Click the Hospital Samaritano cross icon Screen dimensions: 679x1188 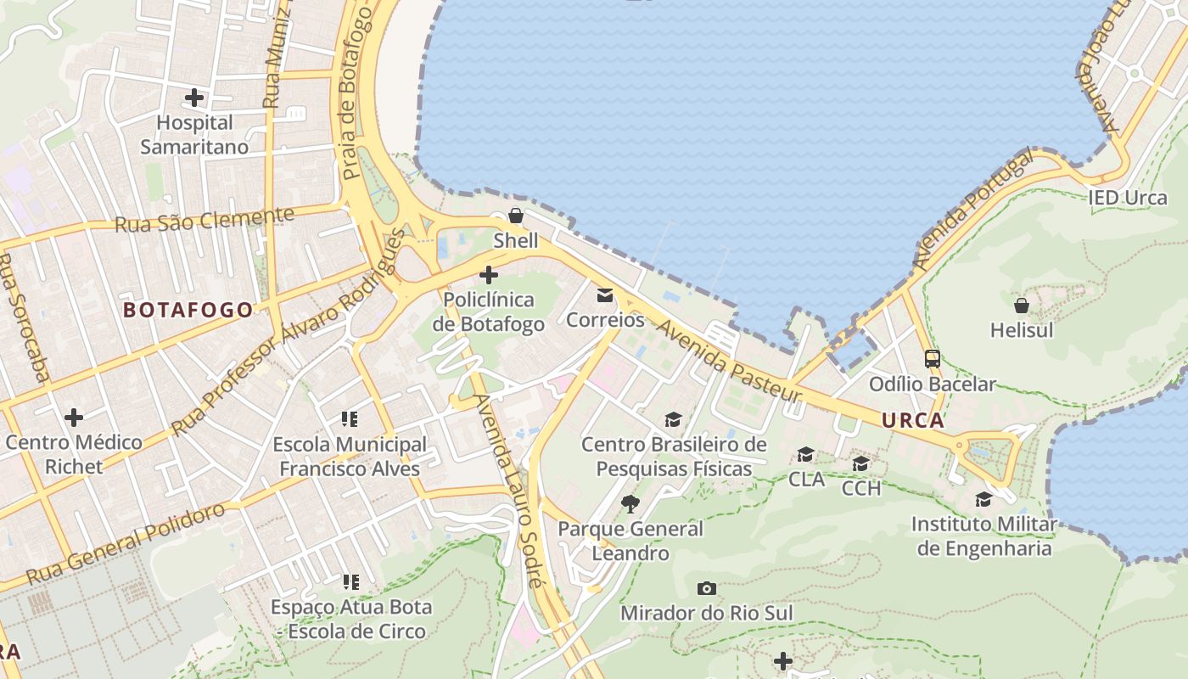[x=194, y=98]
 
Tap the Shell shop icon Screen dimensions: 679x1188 [x=515, y=216]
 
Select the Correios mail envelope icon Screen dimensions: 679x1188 [x=605, y=295]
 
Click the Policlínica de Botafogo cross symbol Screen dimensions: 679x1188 [x=489, y=275]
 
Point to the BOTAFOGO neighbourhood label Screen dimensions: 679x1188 [x=188, y=310]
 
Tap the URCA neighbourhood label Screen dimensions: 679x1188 [x=912, y=420]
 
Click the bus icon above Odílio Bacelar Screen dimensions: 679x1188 [x=932, y=359]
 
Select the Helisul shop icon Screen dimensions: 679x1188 [x=1022, y=306]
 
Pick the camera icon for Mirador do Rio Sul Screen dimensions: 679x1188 [x=706, y=588]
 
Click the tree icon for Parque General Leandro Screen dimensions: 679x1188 [x=630, y=504]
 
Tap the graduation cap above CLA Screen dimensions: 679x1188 [x=805, y=455]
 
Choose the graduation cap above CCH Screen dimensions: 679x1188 [x=860, y=463]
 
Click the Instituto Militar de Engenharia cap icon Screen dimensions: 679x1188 [x=983, y=499]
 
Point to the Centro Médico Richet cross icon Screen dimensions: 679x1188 [x=74, y=418]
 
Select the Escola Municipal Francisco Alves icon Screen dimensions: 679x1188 [x=350, y=419]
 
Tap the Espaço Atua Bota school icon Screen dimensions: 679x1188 [x=350, y=582]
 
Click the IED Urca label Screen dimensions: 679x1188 [x=1128, y=199]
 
